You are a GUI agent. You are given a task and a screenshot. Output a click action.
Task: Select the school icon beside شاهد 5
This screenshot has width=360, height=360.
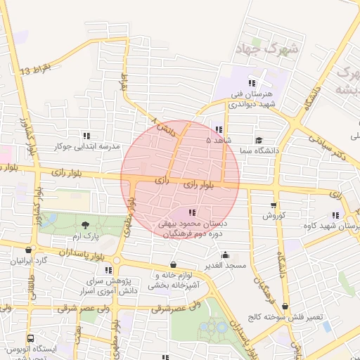[x=220, y=129]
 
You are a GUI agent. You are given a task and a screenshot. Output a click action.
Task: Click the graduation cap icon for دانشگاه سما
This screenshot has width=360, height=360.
[x=259, y=140]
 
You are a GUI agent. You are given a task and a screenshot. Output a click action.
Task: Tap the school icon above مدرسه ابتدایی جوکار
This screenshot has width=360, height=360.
[x=86, y=136]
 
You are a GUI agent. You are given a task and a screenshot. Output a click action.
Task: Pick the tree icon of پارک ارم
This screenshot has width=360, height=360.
[x=86, y=225]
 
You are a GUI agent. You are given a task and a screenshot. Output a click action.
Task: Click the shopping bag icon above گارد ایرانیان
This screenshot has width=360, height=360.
[x=27, y=250]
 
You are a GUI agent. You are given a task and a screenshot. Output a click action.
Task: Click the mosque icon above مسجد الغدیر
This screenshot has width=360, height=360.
[x=224, y=255]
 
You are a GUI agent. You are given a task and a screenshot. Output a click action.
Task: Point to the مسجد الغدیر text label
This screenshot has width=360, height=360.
[x=225, y=265]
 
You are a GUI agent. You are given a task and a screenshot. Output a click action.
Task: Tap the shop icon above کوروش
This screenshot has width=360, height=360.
[x=274, y=205]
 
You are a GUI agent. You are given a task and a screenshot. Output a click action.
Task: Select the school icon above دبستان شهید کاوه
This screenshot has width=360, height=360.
[x=335, y=216]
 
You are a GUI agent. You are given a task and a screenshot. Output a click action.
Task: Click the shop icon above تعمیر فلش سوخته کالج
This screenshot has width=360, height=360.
[x=285, y=307]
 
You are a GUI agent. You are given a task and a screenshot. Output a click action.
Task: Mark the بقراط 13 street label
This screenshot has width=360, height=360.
[x=37, y=70]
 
